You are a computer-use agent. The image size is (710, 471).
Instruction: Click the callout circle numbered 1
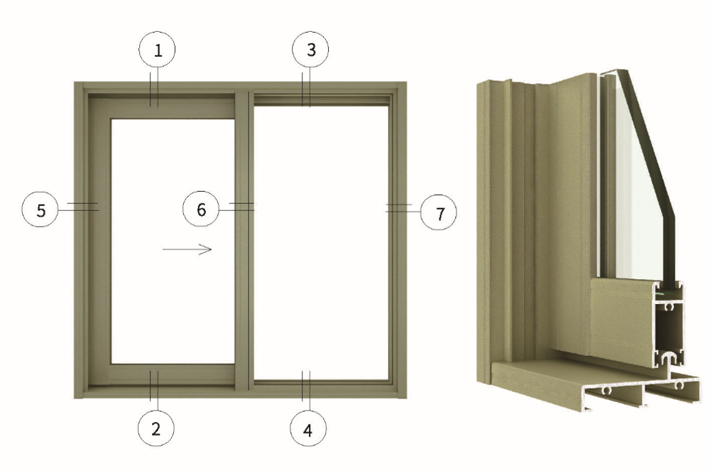coord(157,49)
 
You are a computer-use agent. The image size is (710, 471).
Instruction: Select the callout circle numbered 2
coord(155,428)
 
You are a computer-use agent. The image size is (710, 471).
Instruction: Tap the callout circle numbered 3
coord(311,49)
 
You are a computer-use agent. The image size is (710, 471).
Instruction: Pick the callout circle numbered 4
coord(308,429)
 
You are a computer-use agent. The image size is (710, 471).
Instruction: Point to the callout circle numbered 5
coord(40,210)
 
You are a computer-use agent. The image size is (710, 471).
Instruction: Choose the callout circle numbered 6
coord(201,210)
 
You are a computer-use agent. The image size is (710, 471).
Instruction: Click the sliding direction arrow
coord(187,249)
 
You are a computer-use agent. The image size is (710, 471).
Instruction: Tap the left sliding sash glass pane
coord(173,241)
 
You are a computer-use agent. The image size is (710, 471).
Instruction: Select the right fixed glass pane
coord(321,243)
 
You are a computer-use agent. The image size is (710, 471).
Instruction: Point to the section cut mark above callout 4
coord(306,391)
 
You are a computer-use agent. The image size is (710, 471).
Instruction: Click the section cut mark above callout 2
coord(154,390)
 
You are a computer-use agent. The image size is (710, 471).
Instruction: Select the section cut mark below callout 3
coord(306,87)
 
